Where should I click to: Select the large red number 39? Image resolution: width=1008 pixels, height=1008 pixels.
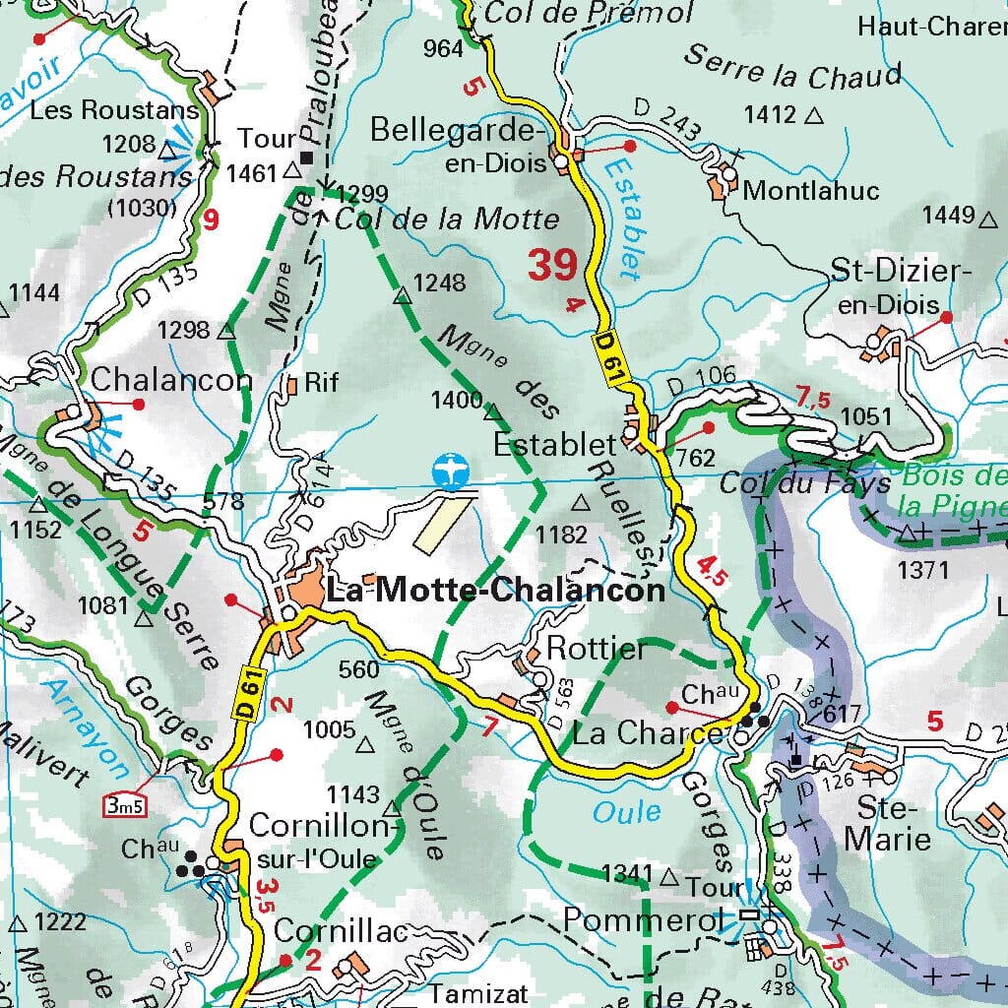(x=551, y=265)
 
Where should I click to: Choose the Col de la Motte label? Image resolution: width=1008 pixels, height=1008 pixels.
(x=448, y=219)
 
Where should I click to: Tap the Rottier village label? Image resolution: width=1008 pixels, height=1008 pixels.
(x=597, y=649)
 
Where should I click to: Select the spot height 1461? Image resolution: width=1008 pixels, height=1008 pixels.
(x=251, y=174)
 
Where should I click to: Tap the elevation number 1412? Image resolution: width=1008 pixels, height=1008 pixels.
(x=770, y=114)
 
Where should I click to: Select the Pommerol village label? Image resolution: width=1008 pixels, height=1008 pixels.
(x=630, y=919)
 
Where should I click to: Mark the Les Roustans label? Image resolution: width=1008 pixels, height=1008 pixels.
(x=115, y=110)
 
